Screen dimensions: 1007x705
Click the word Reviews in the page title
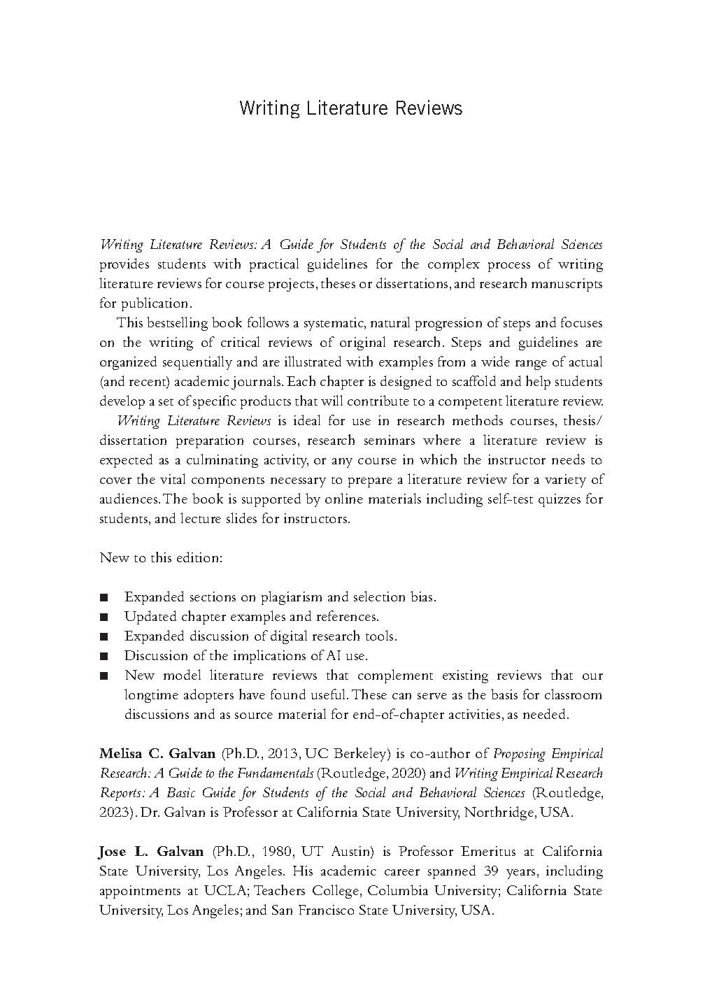click(x=427, y=108)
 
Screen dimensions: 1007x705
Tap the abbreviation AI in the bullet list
click(x=334, y=656)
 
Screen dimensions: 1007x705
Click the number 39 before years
click(x=492, y=871)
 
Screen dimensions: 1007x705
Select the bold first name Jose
click(x=112, y=852)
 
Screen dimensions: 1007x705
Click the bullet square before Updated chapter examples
click(x=104, y=617)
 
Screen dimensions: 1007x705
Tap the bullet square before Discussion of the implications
click(x=104, y=657)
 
